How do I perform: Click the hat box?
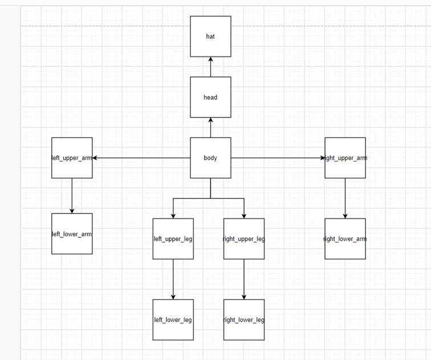tap(211, 37)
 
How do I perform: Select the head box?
tap(211, 97)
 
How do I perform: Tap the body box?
tap(211, 157)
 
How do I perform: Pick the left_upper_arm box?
tap(72, 157)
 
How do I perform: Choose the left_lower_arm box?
tap(72, 233)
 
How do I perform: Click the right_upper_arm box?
tap(345, 157)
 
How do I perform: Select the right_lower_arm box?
tap(345, 238)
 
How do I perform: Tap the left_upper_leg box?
tap(173, 238)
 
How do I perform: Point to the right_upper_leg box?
tap(244, 238)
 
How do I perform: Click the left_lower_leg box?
tap(173, 319)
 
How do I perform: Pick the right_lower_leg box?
tap(244, 319)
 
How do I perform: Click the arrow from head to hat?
tap(211, 67)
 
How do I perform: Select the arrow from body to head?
tap(211, 127)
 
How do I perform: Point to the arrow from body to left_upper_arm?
tap(141, 157)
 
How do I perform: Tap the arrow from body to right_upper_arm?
tap(278, 157)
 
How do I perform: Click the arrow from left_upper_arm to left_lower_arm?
tap(72, 196)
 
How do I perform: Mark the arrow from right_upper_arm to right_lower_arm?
tap(345, 198)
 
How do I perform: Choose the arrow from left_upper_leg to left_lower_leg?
tap(173, 279)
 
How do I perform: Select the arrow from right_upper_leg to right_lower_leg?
tap(244, 279)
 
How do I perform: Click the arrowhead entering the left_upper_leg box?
tap(173, 215)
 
